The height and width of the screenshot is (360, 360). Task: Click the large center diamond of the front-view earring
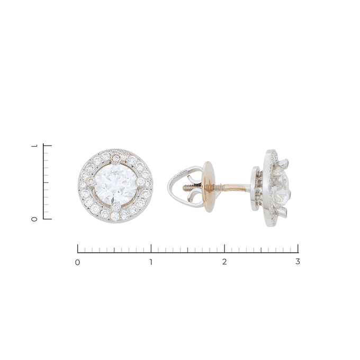pos(116,185)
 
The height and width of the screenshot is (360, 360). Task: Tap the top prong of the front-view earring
pos(116,158)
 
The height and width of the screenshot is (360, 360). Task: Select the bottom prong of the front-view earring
pos(115,207)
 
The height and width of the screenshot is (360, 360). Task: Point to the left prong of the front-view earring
pos(91,182)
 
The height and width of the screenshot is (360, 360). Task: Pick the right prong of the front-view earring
pos(140,182)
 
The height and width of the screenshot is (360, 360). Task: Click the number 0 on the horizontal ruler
pos(78,262)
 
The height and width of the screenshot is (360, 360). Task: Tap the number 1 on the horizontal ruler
pos(151,262)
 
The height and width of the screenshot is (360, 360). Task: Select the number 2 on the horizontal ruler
pos(224,262)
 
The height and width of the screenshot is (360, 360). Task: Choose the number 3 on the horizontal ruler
pos(298,262)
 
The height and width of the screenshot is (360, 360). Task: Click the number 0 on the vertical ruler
pos(34,219)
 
